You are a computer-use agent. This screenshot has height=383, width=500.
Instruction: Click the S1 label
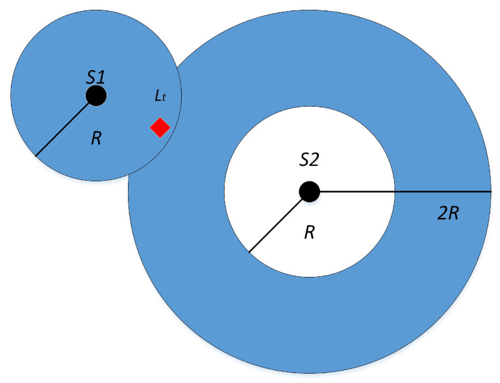(x=95, y=77)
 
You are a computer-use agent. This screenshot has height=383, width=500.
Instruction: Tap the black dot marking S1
(x=96, y=96)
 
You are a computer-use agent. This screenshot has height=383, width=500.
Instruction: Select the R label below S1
(x=96, y=139)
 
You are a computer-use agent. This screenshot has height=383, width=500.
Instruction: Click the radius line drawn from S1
(x=66, y=126)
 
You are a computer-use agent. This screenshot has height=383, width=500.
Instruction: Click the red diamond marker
(x=160, y=127)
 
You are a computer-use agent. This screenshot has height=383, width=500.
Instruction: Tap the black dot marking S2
(x=309, y=192)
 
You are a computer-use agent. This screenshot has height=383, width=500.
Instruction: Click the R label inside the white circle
(x=310, y=233)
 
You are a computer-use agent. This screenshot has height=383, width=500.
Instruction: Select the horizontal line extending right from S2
(x=403, y=192)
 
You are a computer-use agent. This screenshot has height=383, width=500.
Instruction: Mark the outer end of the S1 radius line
(x=36, y=156)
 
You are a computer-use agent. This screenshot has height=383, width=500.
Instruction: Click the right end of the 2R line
(x=490, y=192)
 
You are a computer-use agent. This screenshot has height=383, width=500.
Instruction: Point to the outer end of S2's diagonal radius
(x=249, y=252)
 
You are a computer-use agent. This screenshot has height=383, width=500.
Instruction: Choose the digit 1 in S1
(x=101, y=77)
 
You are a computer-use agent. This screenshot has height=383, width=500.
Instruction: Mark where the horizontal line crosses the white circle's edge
(x=395, y=192)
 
